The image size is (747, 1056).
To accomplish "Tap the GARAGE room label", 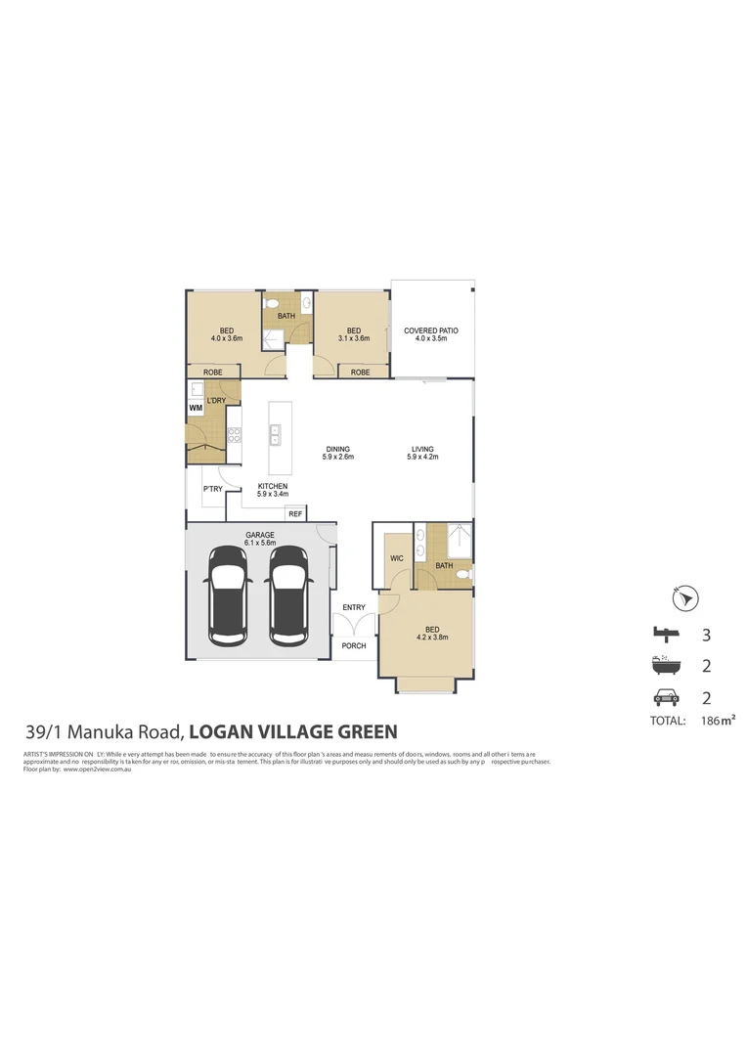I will [x=259, y=537].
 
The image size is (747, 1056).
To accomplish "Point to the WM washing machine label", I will [x=196, y=407].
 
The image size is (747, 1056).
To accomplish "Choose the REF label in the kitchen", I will [x=295, y=513].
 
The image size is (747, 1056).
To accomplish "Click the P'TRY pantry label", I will [x=211, y=489].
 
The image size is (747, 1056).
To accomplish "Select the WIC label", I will [x=397, y=558].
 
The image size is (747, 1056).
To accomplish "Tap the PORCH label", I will [x=354, y=646].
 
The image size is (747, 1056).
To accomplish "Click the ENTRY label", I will [x=354, y=608].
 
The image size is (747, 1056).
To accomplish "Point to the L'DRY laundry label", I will [x=216, y=400].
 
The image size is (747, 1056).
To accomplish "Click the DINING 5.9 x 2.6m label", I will [x=339, y=453].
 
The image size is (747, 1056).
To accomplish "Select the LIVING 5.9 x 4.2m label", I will [x=422, y=453].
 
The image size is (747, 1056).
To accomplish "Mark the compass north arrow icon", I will [x=685, y=596].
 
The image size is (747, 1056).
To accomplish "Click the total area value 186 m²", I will [x=718, y=721].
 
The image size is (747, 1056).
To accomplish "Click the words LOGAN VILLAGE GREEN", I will [x=292, y=731].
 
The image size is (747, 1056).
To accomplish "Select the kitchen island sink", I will [x=276, y=433].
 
